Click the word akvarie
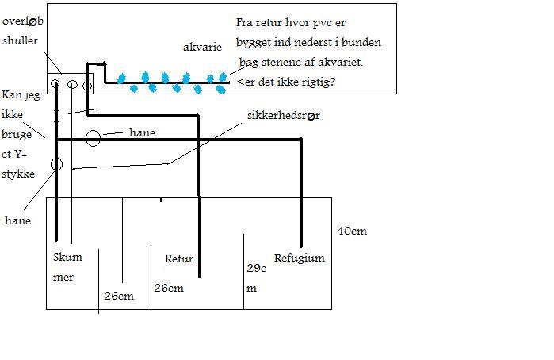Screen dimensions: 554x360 202,48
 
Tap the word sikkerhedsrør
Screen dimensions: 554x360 284,116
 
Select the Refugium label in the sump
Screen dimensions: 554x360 300,259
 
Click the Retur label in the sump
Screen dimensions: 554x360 179,259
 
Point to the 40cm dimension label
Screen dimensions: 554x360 352,232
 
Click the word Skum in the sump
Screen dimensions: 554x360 67,257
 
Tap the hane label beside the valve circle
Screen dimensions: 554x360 142,132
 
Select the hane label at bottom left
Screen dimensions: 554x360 17,220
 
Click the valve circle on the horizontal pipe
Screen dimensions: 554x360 94,138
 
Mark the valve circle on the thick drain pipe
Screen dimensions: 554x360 56,164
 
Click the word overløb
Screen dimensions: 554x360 23,21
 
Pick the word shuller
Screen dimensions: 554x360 20,40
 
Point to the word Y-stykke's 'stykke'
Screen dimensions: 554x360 18,174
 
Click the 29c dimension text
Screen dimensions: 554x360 256,268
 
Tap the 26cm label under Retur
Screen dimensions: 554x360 169,288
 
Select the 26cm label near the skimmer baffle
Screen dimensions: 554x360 119,296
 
